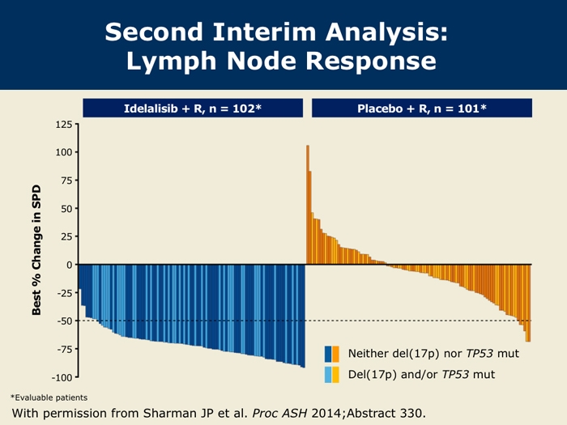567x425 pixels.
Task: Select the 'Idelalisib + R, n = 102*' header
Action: tap(192, 108)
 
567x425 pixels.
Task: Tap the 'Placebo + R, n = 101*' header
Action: tap(421, 108)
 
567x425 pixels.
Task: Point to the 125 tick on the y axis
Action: tap(62, 125)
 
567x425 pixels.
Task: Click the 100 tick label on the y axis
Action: tap(62, 152)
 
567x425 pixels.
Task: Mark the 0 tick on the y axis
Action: tap(68, 265)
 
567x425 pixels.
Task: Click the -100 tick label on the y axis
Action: tap(60, 377)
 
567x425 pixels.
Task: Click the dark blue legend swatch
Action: tap(328, 355)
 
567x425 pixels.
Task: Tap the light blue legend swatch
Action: tap(328, 375)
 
